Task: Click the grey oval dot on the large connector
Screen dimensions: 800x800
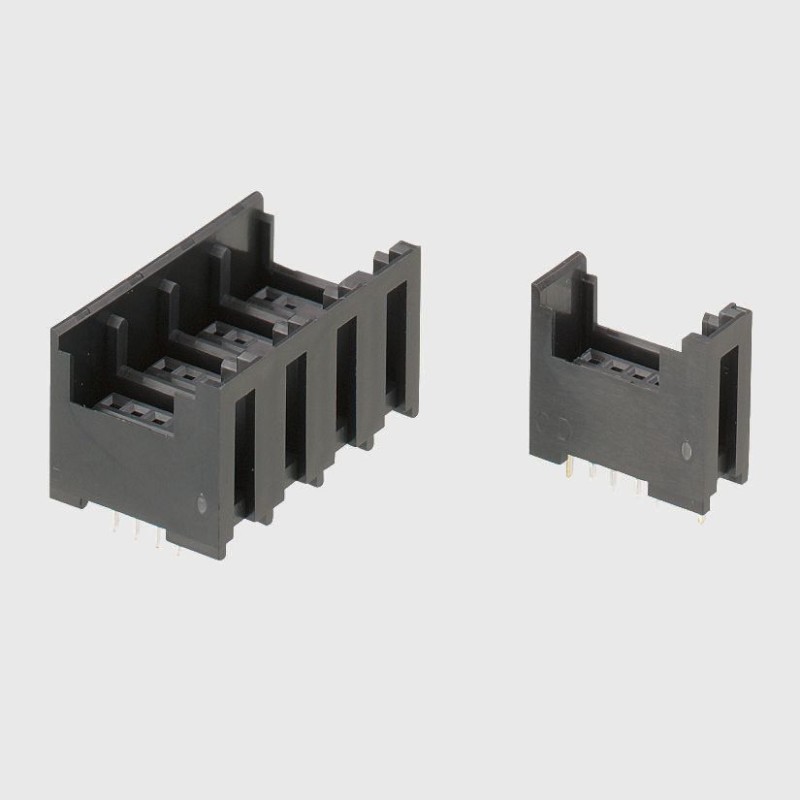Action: click(203, 506)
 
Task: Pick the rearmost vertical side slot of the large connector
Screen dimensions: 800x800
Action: click(396, 340)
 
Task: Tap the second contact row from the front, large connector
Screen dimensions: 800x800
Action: click(180, 371)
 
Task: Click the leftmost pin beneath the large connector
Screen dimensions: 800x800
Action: click(116, 522)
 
